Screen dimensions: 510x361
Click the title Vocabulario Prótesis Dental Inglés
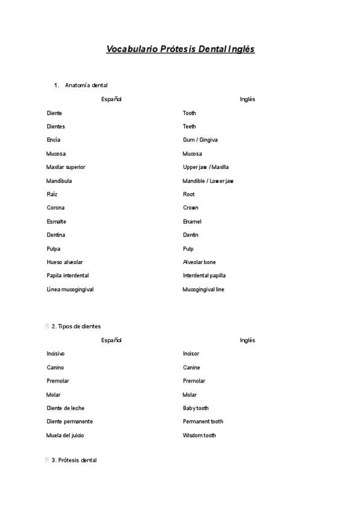(x=180, y=49)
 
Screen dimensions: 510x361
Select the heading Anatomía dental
(x=86, y=85)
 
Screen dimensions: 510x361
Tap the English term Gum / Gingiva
(x=200, y=140)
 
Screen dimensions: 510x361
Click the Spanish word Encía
(x=54, y=140)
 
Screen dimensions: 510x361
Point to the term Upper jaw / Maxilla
(x=206, y=167)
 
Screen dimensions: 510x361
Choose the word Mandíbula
(x=59, y=181)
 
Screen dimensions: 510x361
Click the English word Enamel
(x=193, y=221)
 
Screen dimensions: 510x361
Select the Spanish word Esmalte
(x=57, y=221)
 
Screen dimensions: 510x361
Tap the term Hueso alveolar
(x=64, y=262)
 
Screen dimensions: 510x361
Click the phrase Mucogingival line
(x=203, y=289)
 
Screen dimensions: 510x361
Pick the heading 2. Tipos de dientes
(x=76, y=326)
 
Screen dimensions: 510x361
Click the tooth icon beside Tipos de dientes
(x=47, y=326)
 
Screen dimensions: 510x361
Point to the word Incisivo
(x=56, y=354)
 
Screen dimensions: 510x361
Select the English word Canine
(x=191, y=367)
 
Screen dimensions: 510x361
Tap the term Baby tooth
(x=196, y=408)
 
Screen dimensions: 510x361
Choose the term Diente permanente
(x=70, y=422)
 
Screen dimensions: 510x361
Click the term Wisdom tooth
(x=199, y=435)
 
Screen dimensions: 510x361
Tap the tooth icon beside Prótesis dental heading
(x=47, y=460)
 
